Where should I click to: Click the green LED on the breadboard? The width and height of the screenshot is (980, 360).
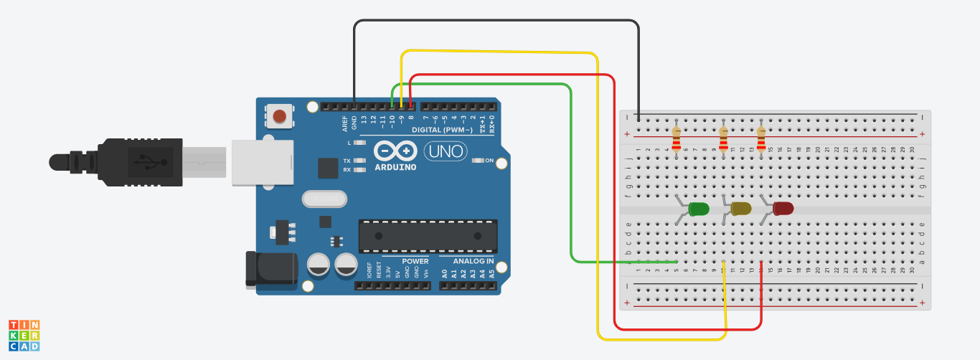point(698,209)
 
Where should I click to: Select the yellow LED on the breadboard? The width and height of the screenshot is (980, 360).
point(740,209)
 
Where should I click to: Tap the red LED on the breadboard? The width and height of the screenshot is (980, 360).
point(783,209)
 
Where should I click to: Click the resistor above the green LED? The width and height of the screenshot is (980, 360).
point(676,140)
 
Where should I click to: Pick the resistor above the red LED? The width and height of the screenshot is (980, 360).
point(761,140)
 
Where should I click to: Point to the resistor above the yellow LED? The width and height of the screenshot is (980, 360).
point(723,140)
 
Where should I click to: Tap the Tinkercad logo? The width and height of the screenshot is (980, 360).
point(24,336)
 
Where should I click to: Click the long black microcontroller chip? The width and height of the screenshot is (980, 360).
point(428,236)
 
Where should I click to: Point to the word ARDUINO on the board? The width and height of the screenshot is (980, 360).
point(395,167)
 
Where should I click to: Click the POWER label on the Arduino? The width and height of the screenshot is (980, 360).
point(415,261)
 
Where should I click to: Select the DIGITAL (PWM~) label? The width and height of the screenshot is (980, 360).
point(442,130)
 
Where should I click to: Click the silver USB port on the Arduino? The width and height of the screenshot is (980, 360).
point(262,162)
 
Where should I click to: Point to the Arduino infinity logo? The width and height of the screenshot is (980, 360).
point(395,151)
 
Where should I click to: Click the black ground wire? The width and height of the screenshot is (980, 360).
point(495,22)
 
